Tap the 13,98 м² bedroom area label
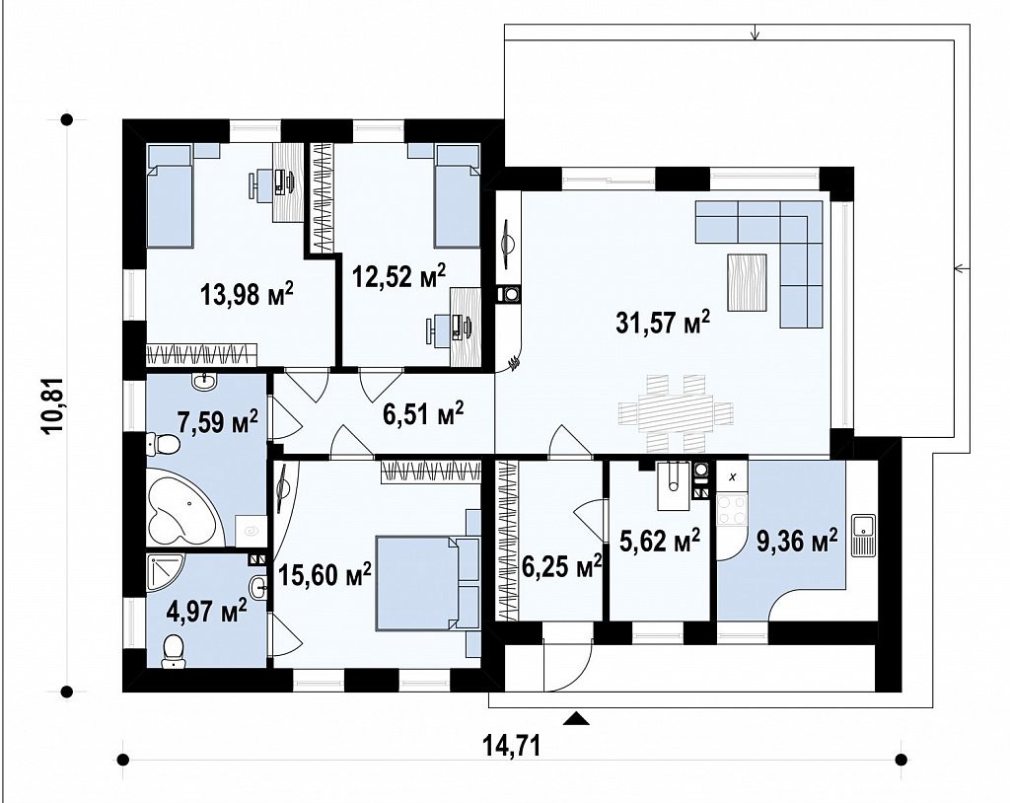(x=248, y=295)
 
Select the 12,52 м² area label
(x=398, y=276)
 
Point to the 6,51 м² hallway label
(x=423, y=413)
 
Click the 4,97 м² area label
(x=206, y=611)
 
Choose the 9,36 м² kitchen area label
(x=797, y=541)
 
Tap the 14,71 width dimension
(x=512, y=747)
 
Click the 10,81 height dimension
(x=53, y=406)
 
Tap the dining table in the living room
(x=676, y=412)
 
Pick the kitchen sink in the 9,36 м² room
(x=862, y=535)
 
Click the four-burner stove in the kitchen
(x=731, y=509)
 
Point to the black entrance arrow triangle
(x=576, y=718)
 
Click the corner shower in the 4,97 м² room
(x=165, y=573)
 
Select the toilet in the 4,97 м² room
(x=173, y=651)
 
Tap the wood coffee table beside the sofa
(x=748, y=282)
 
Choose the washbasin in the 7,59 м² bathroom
(x=205, y=382)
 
